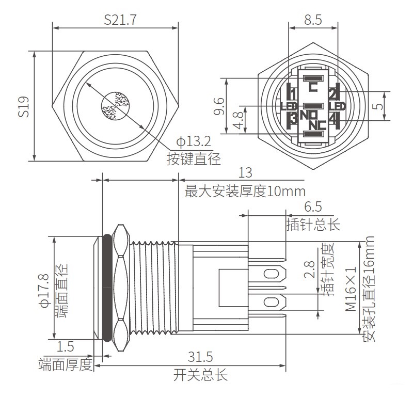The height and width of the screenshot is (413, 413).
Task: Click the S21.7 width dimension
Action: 120,20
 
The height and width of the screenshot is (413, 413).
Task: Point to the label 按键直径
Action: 194,159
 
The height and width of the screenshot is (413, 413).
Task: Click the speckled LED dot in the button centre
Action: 115,106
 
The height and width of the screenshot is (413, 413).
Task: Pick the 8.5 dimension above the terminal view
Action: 313,20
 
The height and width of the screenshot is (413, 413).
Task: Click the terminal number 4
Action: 332,120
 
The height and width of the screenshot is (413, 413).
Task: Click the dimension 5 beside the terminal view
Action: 394,107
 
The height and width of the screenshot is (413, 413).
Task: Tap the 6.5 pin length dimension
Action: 313,208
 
